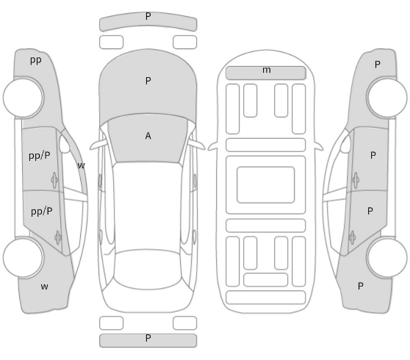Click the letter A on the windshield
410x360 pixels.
pyautogui.click(x=148, y=136)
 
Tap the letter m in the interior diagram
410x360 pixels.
pyautogui.click(x=267, y=70)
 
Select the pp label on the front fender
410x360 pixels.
pyautogui.click(x=36, y=60)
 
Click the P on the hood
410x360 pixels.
pyautogui.click(x=148, y=81)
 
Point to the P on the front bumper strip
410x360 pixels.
pyautogui.click(x=148, y=16)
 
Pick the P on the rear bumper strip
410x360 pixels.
pyautogui.click(x=148, y=338)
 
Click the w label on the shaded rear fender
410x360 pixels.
pyautogui.click(x=44, y=287)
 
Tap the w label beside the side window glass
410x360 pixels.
pyautogui.click(x=82, y=165)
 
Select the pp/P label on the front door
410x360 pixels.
pyautogui.click(x=40, y=156)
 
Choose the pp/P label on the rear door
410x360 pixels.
pyautogui.click(x=42, y=212)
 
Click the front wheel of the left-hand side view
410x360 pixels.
pyautogui.click(x=24, y=98)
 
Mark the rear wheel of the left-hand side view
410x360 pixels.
pyautogui.click(x=23, y=258)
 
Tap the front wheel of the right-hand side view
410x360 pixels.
pyautogui.click(x=387, y=98)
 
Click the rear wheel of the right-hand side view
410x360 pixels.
pyautogui.click(x=387, y=258)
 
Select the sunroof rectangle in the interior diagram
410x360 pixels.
pyautogui.click(x=266, y=185)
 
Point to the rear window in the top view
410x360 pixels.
pyautogui.click(x=147, y=270)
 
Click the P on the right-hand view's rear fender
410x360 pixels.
pyautogui.click(x=361, y=286)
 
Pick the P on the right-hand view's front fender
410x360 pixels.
pyautogui.click(x=378, y=65)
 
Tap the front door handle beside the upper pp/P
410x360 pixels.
pyautogui.click(x=54, y=180)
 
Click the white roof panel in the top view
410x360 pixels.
pyautogui.click(x=147, y=206)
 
